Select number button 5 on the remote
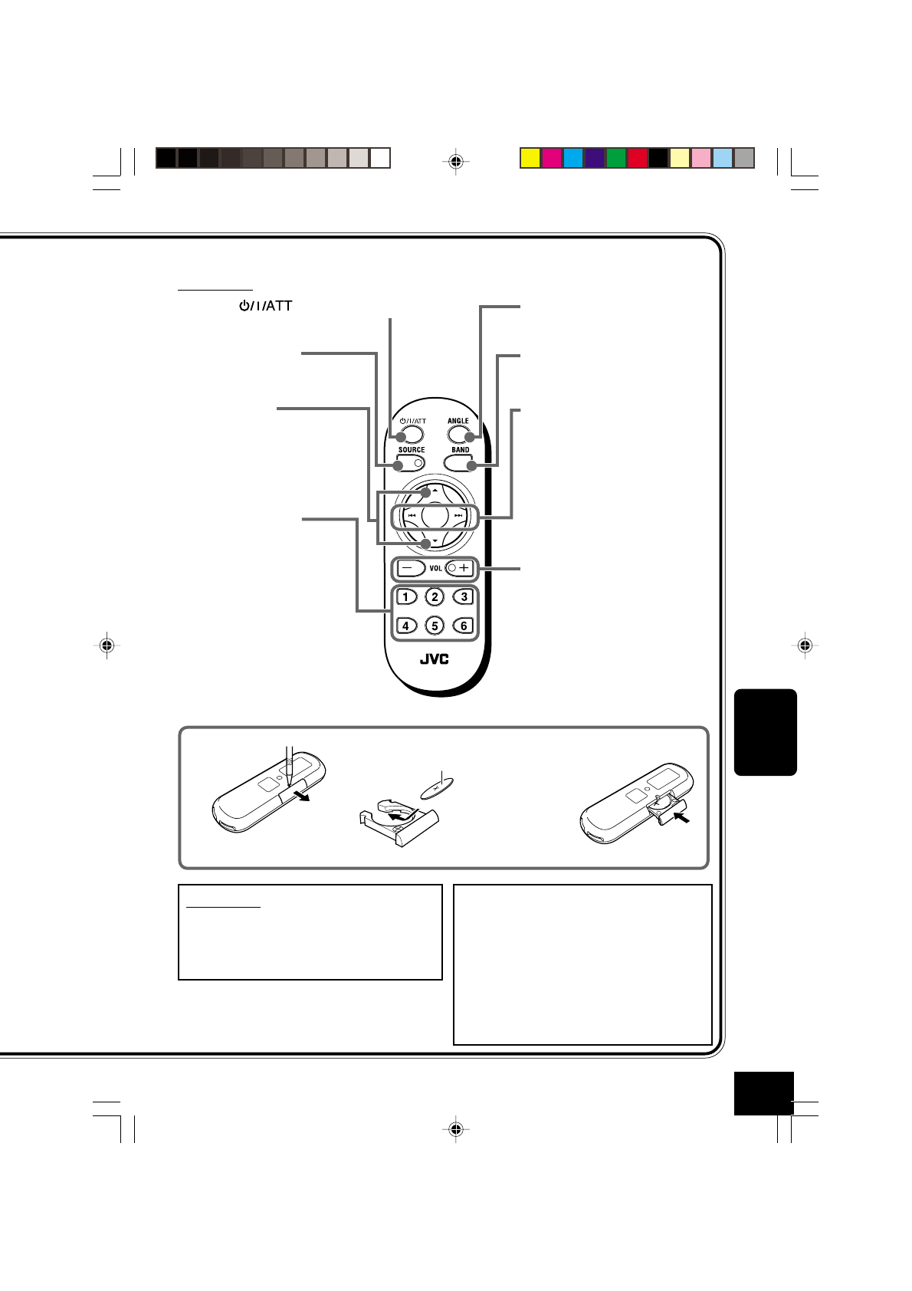pos(435,626)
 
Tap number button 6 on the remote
pos(464,626)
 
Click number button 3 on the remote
pos(463,596)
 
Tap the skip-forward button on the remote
pos(459,516)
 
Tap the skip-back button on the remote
pos(411,516)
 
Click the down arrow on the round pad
pos(435,542)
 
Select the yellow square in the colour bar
pos(530,158)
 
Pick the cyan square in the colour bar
pos(572,158)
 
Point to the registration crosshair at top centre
pos(456,161)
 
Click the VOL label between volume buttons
pos(435,569)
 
